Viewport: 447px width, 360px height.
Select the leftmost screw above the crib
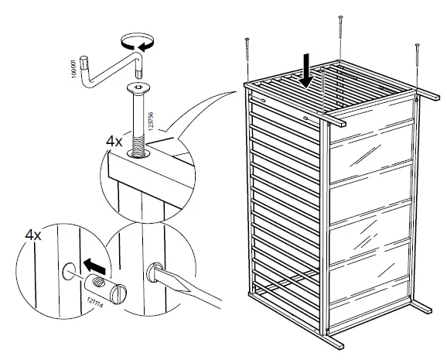[x=247, y=57]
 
